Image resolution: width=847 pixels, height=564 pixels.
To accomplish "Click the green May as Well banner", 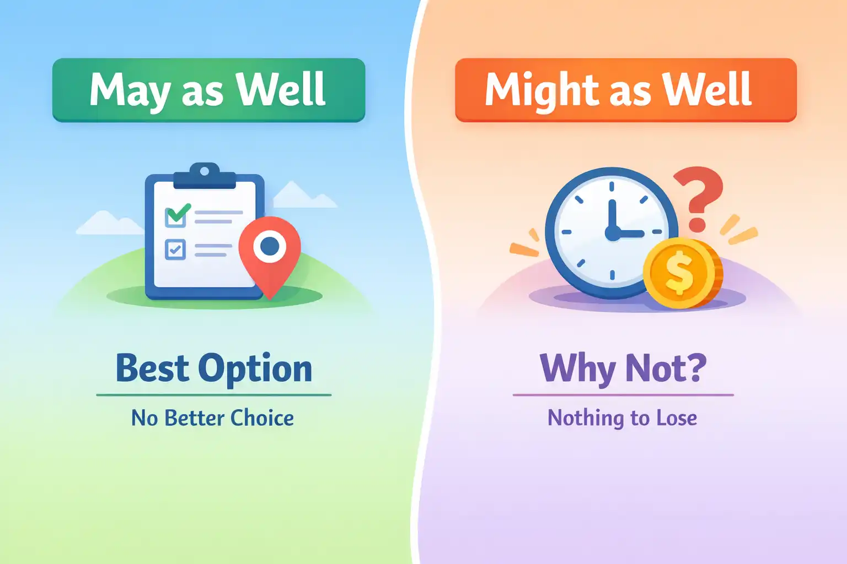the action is pos(209,90).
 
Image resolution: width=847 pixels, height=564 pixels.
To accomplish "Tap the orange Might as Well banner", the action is pos(626,90).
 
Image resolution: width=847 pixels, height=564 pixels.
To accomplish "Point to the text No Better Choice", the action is pos(212,418).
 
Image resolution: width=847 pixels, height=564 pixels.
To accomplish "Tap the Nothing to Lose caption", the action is pos(623,418).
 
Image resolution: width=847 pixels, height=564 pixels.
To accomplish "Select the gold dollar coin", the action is pos(683,273).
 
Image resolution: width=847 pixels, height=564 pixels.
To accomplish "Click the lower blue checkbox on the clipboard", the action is pos(175,250).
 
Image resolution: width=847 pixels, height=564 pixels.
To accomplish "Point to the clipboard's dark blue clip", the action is pos(205,176).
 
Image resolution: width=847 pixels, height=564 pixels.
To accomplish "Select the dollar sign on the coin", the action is pos(679,273).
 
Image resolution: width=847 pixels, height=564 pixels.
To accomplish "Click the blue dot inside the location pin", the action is pos(270,246).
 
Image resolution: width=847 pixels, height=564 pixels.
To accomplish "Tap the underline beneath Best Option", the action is pos(213,395).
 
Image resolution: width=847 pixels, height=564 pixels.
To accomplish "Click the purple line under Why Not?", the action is pos(623,395).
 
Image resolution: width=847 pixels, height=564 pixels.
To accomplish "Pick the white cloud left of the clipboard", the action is pos(110,223).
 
